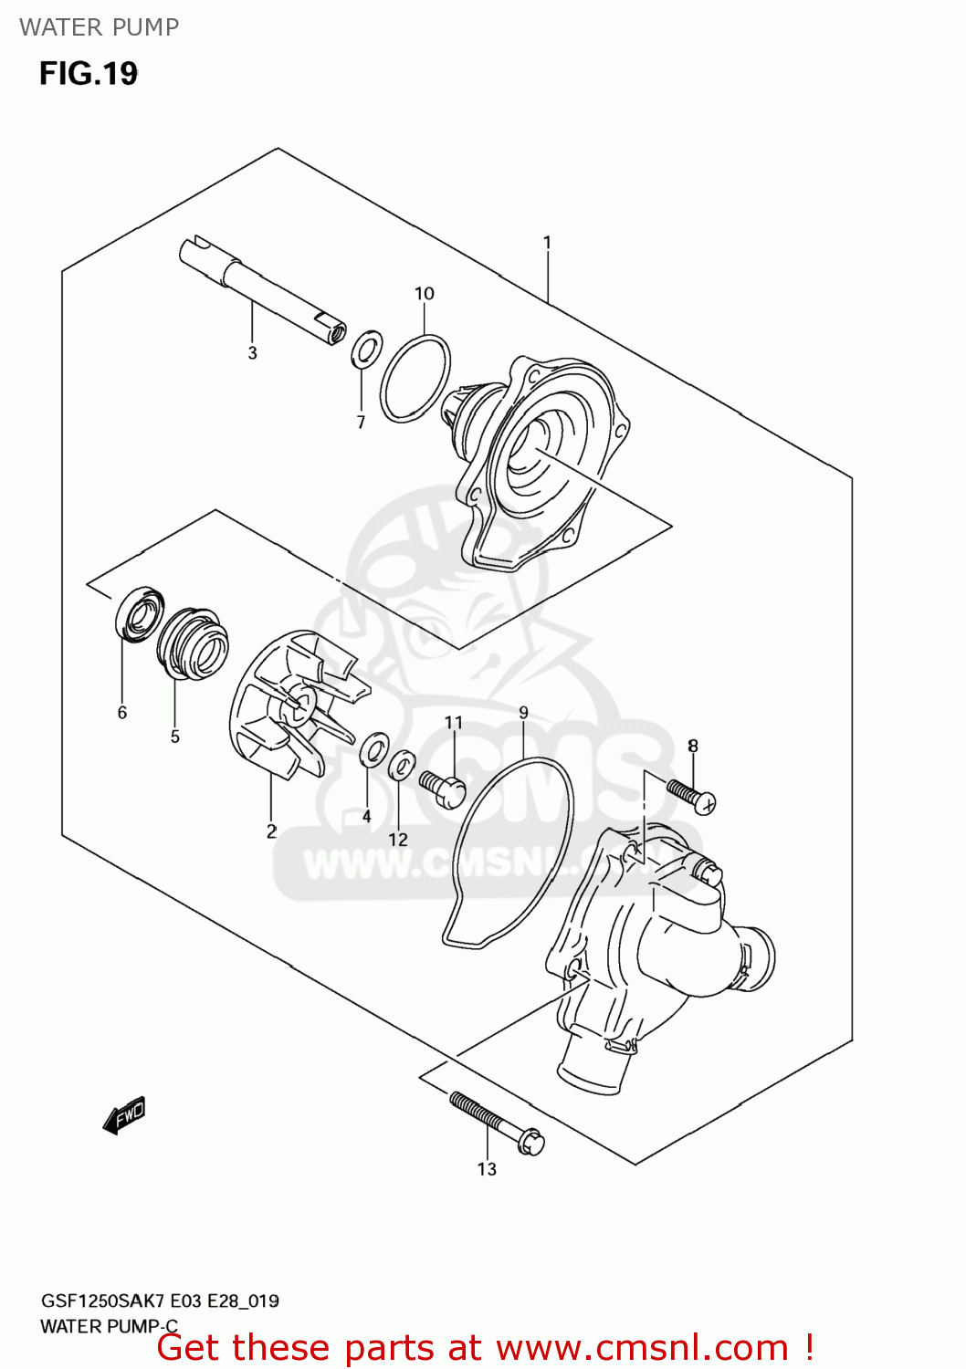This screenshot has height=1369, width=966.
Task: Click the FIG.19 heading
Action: [x=89, y=73]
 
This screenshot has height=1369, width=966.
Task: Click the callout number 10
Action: [x=425, y=293]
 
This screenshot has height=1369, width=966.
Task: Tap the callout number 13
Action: [x=487, y=1169]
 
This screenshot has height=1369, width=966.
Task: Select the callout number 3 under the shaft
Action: [x=253, y=353]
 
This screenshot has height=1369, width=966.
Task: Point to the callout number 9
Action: [x=523, y=713]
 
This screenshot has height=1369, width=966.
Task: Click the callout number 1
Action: [x=547, y=242]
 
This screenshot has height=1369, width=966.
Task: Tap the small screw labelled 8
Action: [x=690, y=793]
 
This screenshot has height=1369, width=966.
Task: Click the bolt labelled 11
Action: [x=444, y=789]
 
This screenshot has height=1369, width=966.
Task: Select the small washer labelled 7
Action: [x=366, y=349]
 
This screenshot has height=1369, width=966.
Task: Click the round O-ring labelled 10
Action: [x=415, y=379]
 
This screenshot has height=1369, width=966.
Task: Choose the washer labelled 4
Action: [x=373, y=748]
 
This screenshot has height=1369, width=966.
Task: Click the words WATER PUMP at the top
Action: [x=99, y=27]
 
